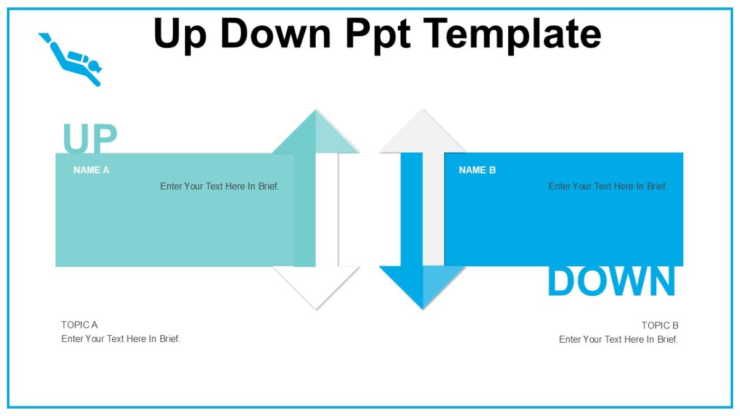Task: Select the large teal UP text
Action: click(x=89, y=139)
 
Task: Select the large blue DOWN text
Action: click(x=611, y=282)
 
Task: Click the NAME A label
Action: click(x=91, y=170)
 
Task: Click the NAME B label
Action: click(x=477, y=170)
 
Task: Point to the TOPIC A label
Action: click(x=80, y=325)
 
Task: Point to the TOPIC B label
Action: click(x=660, y=325)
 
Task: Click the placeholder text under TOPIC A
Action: click(x=121, y=339)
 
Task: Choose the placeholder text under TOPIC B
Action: click(x=619, y=340)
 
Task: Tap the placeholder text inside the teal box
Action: click(x=220, y=186)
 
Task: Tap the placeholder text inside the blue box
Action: click(x=608, y=186)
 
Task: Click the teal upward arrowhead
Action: click(x=316, y=136)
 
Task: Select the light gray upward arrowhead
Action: click(x=422, y=136)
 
